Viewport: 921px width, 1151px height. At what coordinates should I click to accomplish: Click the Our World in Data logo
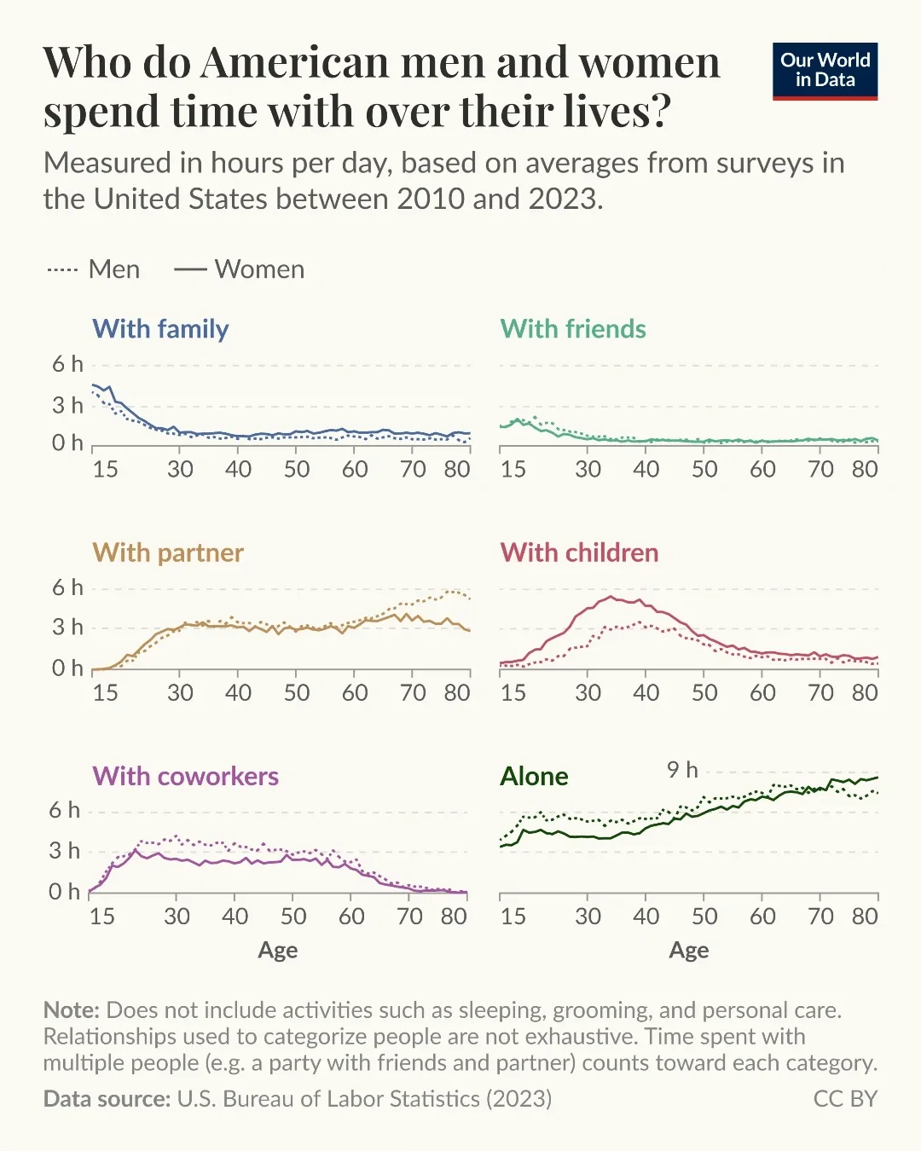pos(825,71)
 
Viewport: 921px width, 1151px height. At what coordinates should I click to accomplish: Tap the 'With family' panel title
pos(160,329)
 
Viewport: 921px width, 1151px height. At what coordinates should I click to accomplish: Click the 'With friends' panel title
pos(572,329)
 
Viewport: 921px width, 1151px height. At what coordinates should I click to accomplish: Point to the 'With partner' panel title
pos(168,552)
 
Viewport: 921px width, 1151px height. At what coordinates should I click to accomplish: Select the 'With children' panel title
pos(579,552)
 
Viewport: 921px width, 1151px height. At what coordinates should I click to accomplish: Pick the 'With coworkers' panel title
pos(185,776)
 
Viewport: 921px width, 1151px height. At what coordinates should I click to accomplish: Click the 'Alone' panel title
pos(534,776)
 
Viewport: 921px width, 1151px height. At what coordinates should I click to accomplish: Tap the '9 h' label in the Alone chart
pos(682,770)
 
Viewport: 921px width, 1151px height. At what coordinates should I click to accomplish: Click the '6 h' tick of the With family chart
pos(67,364)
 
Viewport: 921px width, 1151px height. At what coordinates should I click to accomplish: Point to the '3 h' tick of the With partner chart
pos(67,628)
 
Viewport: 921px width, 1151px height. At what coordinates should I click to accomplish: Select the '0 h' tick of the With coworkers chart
pos(64,892)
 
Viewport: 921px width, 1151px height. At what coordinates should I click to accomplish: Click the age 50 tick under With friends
pos(704,469)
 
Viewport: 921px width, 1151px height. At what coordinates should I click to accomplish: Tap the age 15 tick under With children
pos(513,692)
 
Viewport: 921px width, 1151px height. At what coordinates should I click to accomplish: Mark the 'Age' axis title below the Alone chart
pos(689,950)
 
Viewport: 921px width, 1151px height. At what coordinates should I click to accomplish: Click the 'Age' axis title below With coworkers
pos(278,950)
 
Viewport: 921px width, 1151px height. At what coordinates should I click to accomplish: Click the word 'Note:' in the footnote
pos(72,1010)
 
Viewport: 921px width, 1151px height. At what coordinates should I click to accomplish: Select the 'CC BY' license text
pos(845,1099)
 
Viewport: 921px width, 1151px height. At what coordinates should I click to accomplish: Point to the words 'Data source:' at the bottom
pos(107,1099)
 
